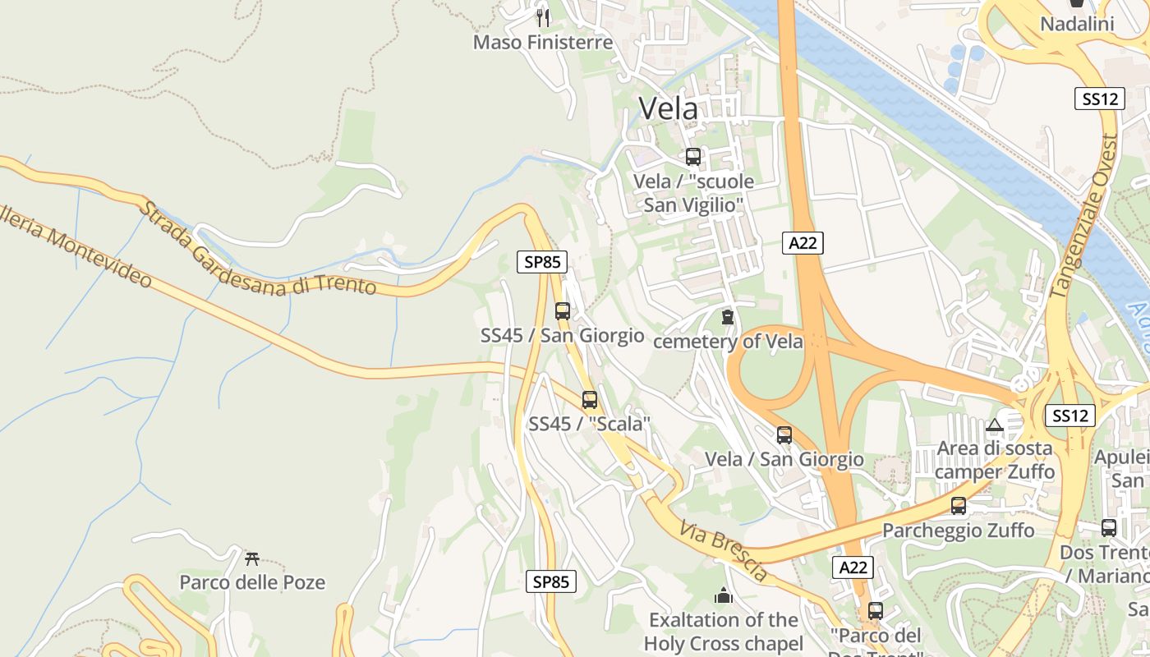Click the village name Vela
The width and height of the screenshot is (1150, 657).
click(x=669, y=108)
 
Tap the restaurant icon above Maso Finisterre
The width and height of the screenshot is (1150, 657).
click(x=542, y=17)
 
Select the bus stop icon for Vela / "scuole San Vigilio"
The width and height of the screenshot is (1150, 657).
click(x=693, y=156)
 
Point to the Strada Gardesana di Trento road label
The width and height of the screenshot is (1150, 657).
click(x=256, y=250)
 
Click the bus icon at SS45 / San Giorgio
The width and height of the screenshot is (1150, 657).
click(x=563, y=311)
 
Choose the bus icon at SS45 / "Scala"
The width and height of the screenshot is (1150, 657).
click(x=590, y=400)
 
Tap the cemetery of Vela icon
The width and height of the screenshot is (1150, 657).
click(x=727, y=316)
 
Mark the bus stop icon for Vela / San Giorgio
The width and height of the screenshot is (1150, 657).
click(x=784, y=435)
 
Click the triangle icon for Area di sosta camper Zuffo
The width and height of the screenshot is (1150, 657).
click(x=995, y=425)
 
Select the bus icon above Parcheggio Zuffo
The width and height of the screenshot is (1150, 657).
click(x=959, y=506)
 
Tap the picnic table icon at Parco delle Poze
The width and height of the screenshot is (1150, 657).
click(x=252, y=558)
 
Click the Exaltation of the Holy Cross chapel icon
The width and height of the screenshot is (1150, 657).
click(x=724, y=595)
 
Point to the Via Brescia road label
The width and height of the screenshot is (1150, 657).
click(x=724, y=550)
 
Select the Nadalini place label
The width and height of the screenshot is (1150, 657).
click(x=1077, y=24)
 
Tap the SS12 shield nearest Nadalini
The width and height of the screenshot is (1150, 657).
click(x=1100, y=99)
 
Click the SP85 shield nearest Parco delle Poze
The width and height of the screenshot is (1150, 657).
click(x=550, y=581)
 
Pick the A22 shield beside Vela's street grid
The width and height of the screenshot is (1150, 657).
click(x=803, y=242)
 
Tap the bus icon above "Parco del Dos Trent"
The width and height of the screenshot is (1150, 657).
click(x=876, y=611)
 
